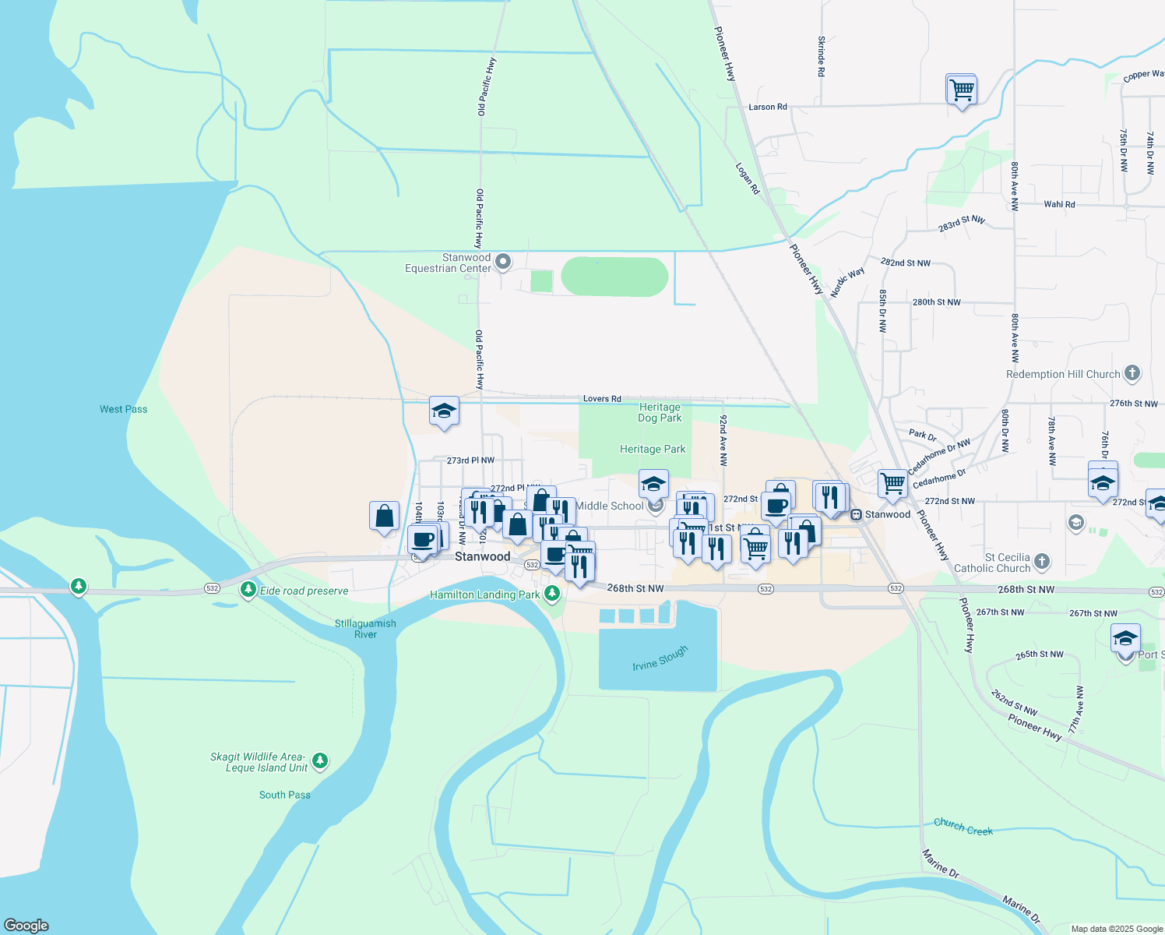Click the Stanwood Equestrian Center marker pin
tap(503, 262)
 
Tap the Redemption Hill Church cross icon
tap(1132, 373)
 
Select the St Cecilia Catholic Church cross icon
tap(1042, 561)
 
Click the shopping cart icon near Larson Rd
tap(962, 90)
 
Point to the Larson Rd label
tap(767, 107)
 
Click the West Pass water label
tap(123, 409)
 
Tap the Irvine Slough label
tap(660, 658)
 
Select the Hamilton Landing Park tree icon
tap(552, 594)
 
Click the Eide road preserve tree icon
tap(248, 590)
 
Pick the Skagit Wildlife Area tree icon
tap(319, 760)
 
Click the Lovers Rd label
tap(602, 399)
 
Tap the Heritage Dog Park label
tap(660, 413)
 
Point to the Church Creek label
tap(963, 827)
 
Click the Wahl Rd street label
tap(1059, 204)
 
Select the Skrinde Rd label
tap(822, 56)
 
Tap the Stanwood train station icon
tap(856, 514)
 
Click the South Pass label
tap(284, 795)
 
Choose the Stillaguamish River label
tap(365, 629)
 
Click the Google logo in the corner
tap(26, 926)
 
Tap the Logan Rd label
tap(748, 178)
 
